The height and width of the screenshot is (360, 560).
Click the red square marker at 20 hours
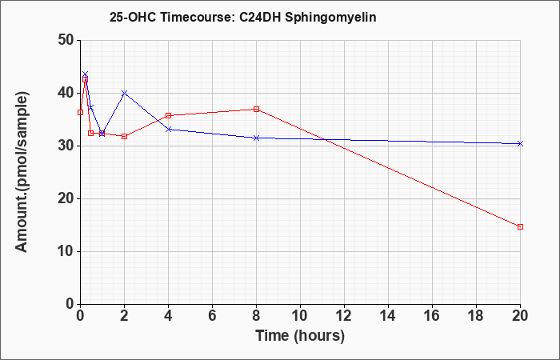pos(520,226)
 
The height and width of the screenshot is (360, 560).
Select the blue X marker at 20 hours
pos(520,143)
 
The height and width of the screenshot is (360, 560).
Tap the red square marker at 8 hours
pos(257,110)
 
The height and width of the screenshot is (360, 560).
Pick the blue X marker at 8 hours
pos(257,138)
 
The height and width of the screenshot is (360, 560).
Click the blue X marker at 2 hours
pos(124,93)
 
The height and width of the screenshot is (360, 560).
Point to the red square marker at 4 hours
pos(169,116)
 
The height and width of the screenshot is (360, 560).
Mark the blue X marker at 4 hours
pos(169,130)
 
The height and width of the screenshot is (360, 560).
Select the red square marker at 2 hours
pos(124,137)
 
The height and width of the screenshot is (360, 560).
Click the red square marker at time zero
pos(80,113)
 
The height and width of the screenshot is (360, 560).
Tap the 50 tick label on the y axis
pos(66,40)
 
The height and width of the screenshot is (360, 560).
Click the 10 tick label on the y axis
pos(66,251)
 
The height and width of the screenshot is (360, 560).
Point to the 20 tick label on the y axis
pos(66,198)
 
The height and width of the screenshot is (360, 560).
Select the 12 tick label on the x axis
pos(344,316)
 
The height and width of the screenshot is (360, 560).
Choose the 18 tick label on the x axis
pos(477,316)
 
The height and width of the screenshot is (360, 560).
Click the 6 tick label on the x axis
pos(213,316)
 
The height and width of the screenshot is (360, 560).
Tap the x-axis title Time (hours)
pos(300,336)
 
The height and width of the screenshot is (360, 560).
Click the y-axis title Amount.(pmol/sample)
pos(22,172)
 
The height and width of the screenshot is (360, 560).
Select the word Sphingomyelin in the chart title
pos(330,18)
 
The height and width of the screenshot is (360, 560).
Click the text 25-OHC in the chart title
pos(133,17)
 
